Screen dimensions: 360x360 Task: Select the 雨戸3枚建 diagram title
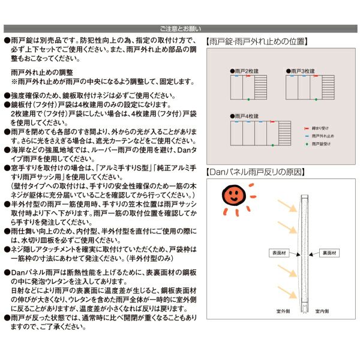pos(302,71)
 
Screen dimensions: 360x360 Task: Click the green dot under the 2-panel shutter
pos(248,98)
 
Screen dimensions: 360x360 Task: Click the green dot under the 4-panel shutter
pos(266,144)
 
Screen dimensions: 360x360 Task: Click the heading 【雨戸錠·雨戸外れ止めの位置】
pos(256,42)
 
